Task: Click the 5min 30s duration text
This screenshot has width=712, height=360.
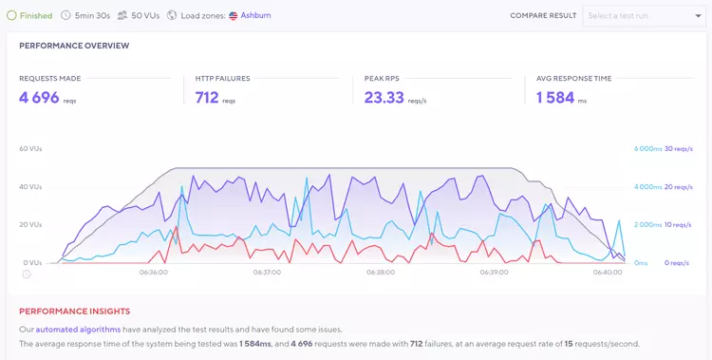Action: coord(93,15)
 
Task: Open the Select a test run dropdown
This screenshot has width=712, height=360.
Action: coord(643,15)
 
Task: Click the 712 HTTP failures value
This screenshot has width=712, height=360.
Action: coord(207,97)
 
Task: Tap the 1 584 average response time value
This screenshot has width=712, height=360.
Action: coord(555,97)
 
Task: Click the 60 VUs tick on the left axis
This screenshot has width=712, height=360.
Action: coord(29,149)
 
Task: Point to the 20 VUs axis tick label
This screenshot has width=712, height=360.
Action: coord(29,225)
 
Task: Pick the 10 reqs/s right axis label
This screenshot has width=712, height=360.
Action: coord(678,225)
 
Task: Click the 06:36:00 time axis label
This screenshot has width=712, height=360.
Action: coord(153,273)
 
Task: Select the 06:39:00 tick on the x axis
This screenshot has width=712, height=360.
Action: coord(493,273)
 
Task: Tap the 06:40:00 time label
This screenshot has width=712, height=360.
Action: coord(607,273)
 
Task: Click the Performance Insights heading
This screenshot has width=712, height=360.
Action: coord(74,311)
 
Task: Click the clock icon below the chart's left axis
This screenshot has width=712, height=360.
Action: coord(27,275)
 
